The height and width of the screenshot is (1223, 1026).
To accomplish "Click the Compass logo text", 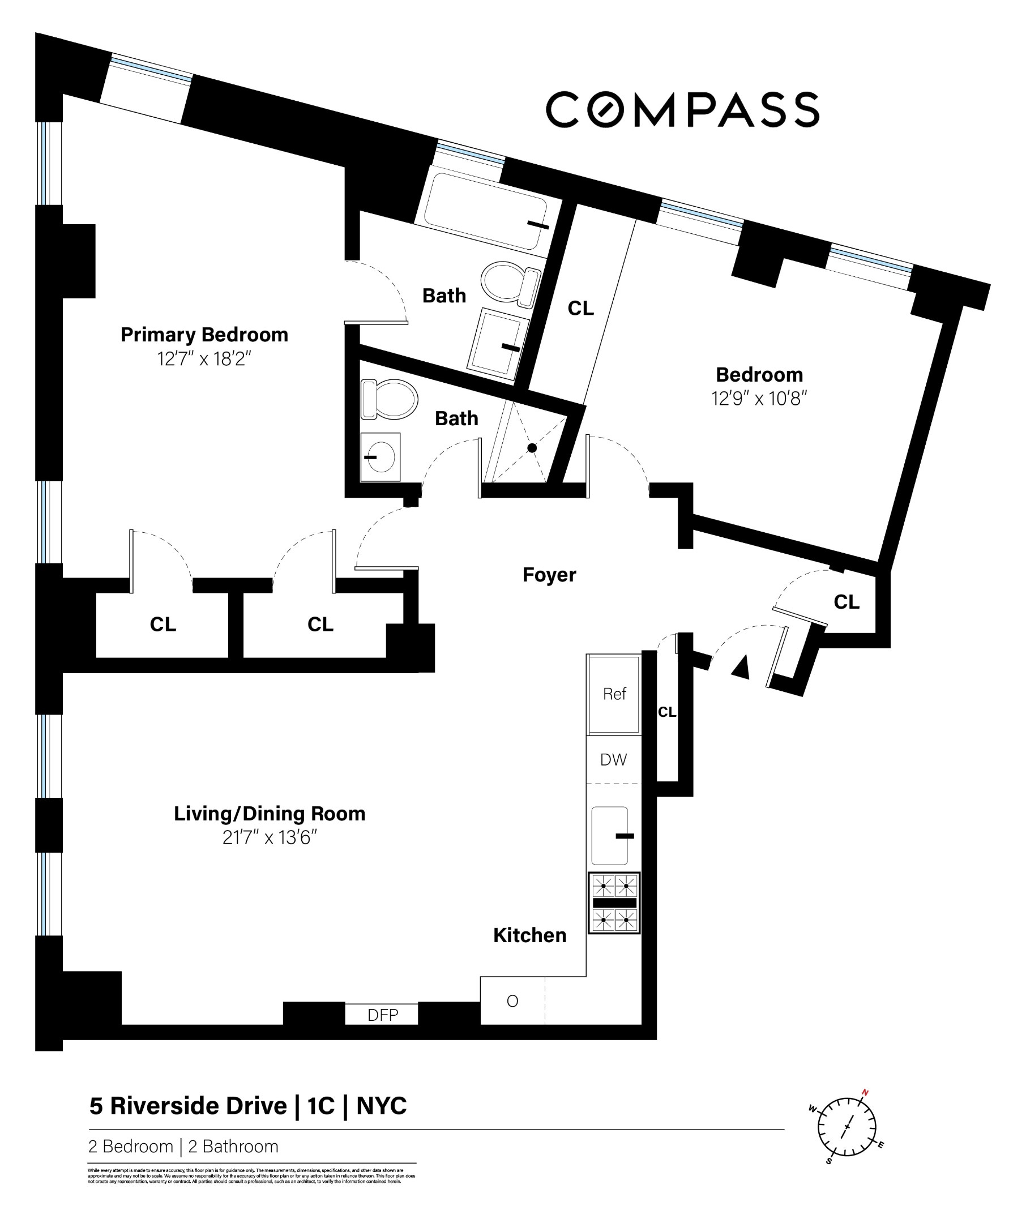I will point(682,109).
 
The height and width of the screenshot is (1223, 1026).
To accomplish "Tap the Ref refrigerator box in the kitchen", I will point(614,694).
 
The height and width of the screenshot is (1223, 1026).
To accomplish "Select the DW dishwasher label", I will point(613,759).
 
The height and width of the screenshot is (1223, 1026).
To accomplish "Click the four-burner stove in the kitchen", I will point(614,903).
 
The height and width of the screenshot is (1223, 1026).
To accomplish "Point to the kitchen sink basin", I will point(609,836).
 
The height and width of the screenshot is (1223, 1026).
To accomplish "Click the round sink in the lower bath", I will point(381,456).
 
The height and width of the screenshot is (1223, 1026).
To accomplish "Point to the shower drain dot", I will point(532,448).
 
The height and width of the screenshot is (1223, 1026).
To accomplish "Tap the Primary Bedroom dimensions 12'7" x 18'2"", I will point(204,359).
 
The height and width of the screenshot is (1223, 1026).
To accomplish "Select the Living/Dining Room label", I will point(269,814).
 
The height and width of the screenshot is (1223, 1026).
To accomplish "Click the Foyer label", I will point(549,575).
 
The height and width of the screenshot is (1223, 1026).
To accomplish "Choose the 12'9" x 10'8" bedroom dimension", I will point(759,399).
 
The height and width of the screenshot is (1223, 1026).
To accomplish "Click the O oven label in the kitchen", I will point(512,1001).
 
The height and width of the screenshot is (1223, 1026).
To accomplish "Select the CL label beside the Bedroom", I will point(580,308).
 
